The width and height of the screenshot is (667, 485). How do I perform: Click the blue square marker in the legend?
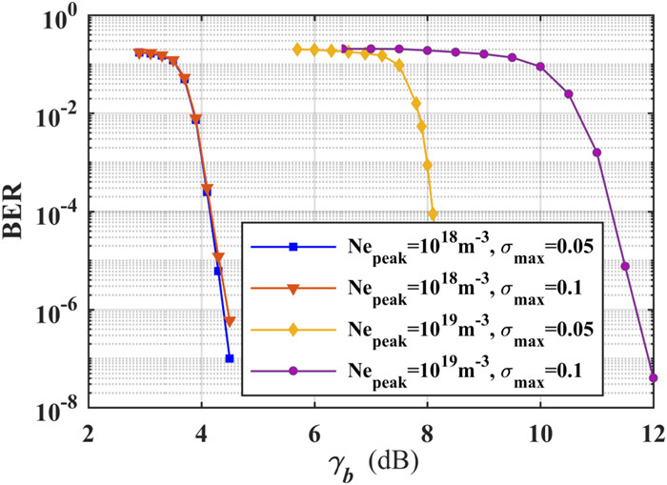point(294,248)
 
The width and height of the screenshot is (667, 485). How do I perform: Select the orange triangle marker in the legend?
point(294,289)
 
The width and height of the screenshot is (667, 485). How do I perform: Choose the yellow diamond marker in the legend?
point(294,330)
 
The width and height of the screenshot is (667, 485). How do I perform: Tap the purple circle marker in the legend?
point(294,370)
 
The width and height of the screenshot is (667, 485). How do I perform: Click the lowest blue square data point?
point(230,358)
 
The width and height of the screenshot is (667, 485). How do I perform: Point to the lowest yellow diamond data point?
point(433,213)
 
